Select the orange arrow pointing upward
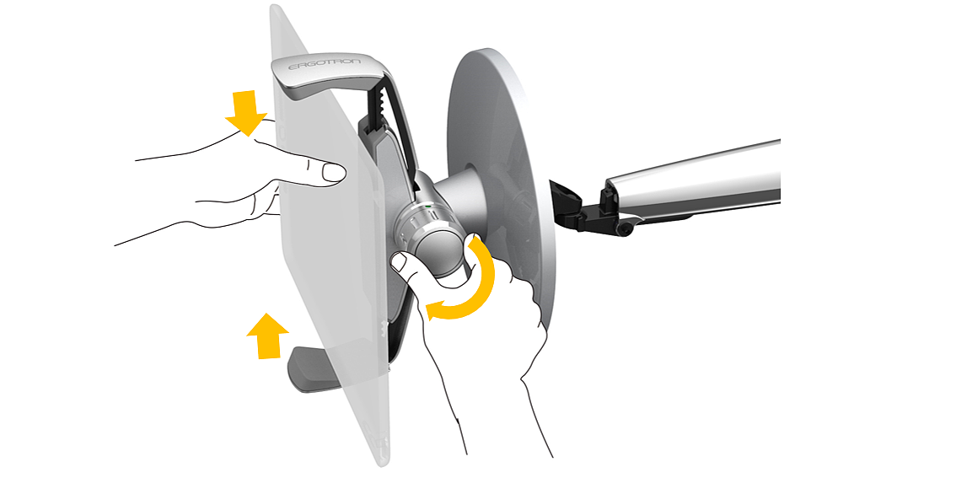click(x=267, y=336)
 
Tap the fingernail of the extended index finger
click(x=334, y=173)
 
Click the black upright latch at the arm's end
click(x=607, y=195)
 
